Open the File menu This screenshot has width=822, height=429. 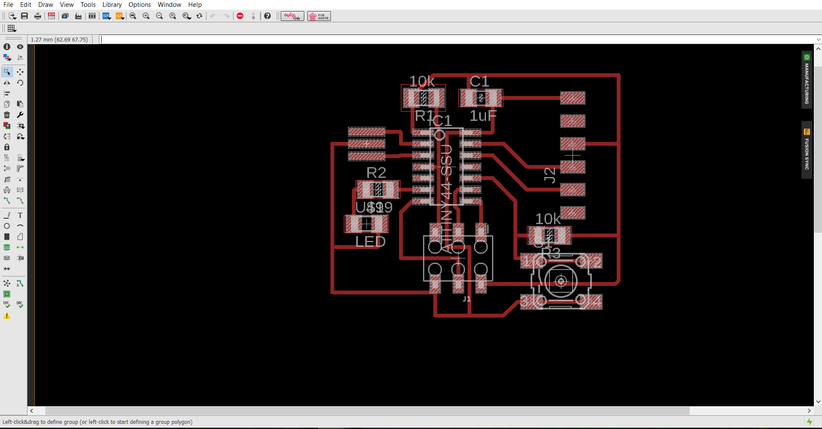point(8,5)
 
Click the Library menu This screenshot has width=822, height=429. point(112,5)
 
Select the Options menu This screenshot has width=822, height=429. point(139,5)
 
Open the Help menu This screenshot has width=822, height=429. point(195,5)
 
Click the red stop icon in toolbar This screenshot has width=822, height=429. point(240,16)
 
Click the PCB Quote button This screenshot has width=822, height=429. point(319,16)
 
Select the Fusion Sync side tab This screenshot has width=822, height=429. point(807,150)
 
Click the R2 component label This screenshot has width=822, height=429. point(376,173)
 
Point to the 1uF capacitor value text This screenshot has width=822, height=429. point(483,116)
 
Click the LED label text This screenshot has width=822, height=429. point(370,242)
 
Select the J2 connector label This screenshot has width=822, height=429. point(549,174)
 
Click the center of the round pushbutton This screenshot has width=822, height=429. point(561,281)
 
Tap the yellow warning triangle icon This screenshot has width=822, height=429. point(7,316)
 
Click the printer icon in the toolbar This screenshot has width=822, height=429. point(38,16)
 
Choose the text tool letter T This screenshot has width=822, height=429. point(20,215)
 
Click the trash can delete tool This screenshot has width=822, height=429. point(7,115)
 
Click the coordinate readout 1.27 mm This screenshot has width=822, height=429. point(59,39)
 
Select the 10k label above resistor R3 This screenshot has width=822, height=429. point(548,219)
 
